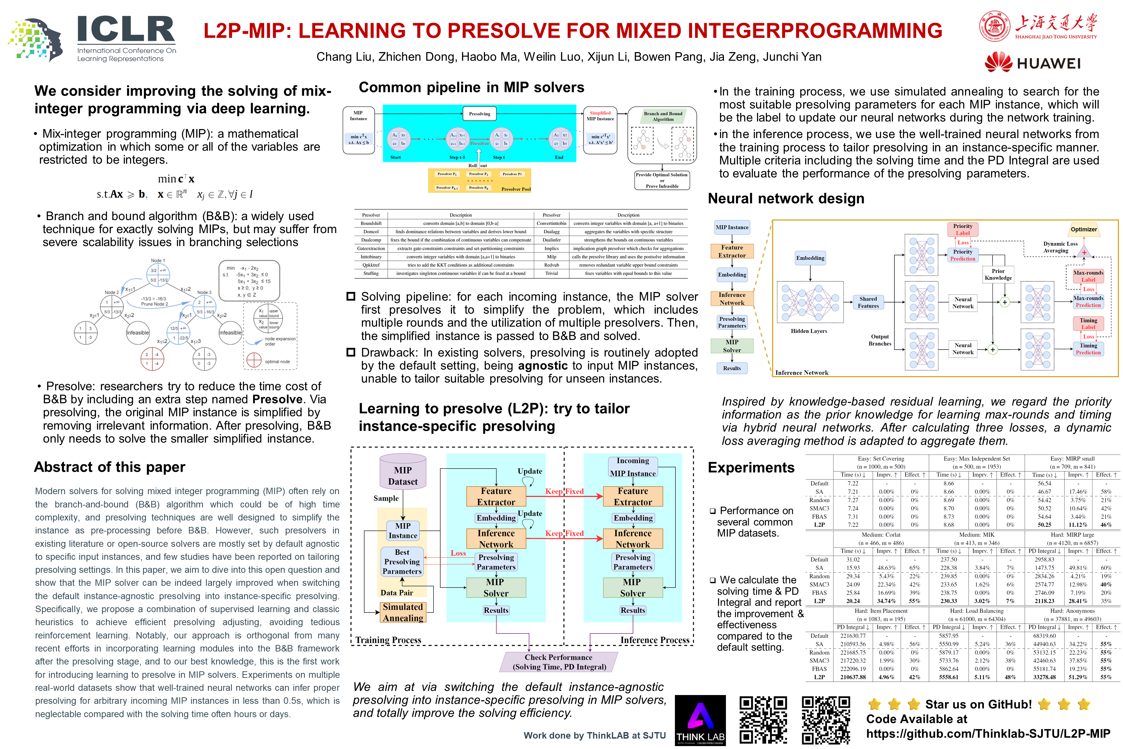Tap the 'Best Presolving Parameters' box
[402, 562]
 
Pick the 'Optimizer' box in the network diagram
[1083, 229]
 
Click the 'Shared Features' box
[868, 302]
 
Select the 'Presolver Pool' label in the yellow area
[516, 189]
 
